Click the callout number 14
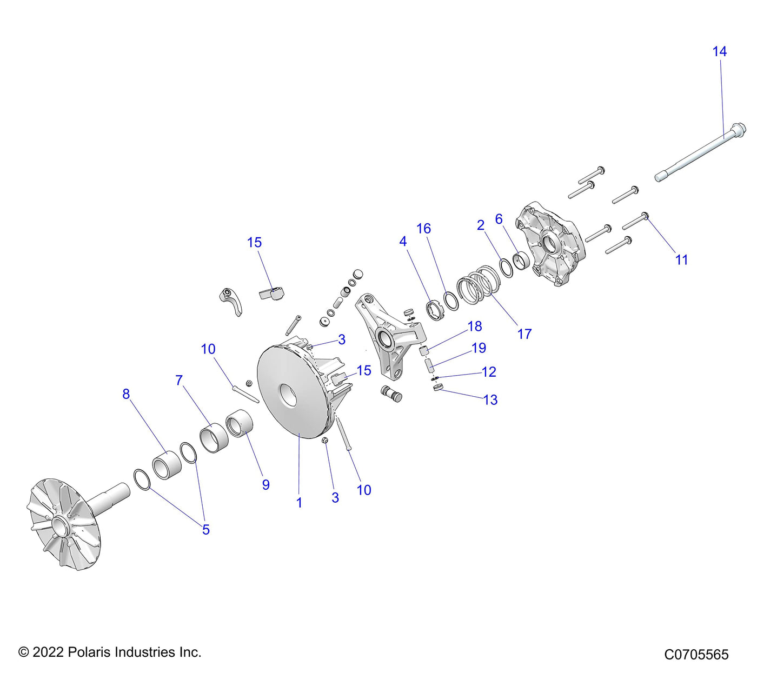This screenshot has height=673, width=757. point(719,52)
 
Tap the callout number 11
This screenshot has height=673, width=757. point(681,260)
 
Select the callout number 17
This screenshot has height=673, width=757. point(524,334)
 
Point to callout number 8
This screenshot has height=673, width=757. point(126,394)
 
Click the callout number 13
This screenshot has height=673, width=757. point(490,400)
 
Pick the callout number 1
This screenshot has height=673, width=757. point(299,503)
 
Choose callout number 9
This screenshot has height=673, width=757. point(265,485)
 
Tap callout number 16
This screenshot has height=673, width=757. point(423,229)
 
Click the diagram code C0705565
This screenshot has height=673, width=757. point(696,655)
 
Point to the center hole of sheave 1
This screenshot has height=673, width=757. point(287,397)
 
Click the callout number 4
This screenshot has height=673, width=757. point(403,242)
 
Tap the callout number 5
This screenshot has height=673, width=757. point(205,530)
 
